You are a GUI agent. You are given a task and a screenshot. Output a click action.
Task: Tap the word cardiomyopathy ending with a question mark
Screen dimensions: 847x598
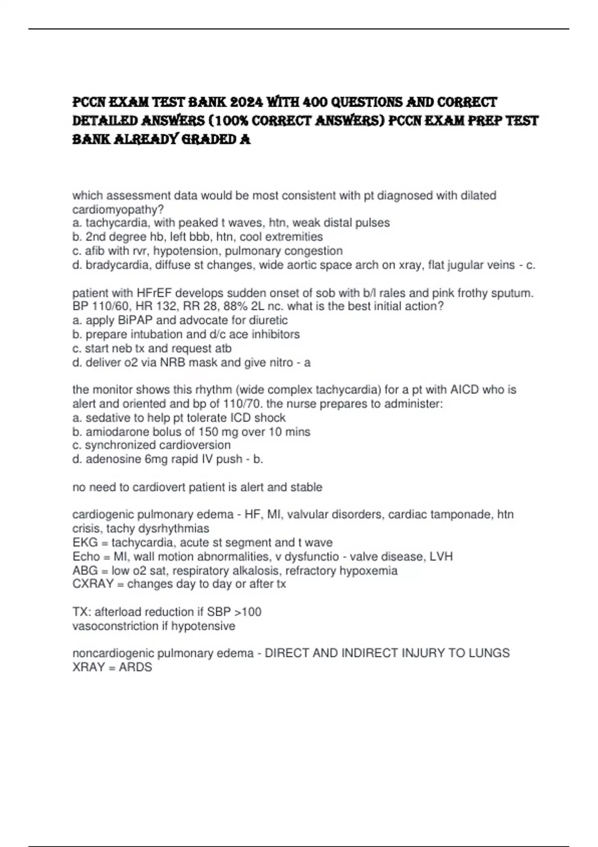coord(118,209)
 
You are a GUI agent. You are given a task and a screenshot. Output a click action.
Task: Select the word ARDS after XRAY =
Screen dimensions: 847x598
coord(136,667)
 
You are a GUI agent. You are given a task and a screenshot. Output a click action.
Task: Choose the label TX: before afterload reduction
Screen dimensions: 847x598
coord(82,612)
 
